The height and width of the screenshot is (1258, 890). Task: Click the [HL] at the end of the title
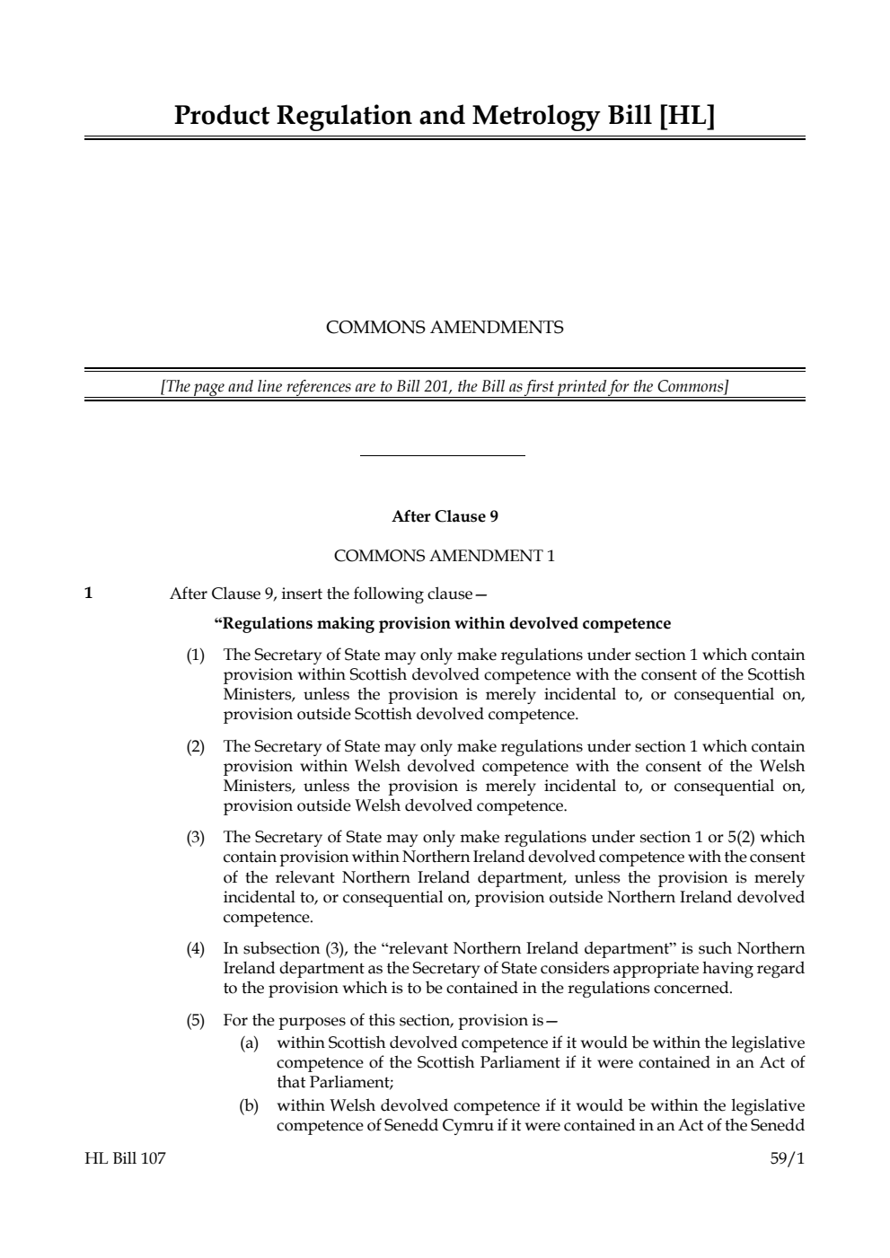[x=687, y=117]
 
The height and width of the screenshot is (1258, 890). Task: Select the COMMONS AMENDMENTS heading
[x=445, y=328]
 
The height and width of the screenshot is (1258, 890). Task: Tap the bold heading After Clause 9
[x=445, y=516]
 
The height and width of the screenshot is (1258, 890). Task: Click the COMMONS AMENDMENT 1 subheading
[x=445, y=556]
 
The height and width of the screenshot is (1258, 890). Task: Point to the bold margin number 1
[x=88, y=593]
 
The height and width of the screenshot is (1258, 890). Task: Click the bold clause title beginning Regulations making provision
[x=442, y=623]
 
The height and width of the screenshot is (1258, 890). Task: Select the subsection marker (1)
[x=195, y=655]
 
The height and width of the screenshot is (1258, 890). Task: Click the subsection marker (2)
[x=195, y=746]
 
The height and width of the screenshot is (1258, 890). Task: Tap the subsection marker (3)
[x=195, y=838]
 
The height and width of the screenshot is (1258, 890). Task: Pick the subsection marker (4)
[x=195, y=949]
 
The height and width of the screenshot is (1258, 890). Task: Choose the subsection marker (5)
[x=195, y=1020]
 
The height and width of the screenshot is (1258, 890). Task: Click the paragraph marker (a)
[x=249, y=1042]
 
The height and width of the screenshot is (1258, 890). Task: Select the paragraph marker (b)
[x=249, y=1105]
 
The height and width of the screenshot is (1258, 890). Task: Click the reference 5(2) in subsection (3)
[x=742, y=838]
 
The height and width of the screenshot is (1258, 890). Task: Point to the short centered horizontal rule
[x=442, y=456]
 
